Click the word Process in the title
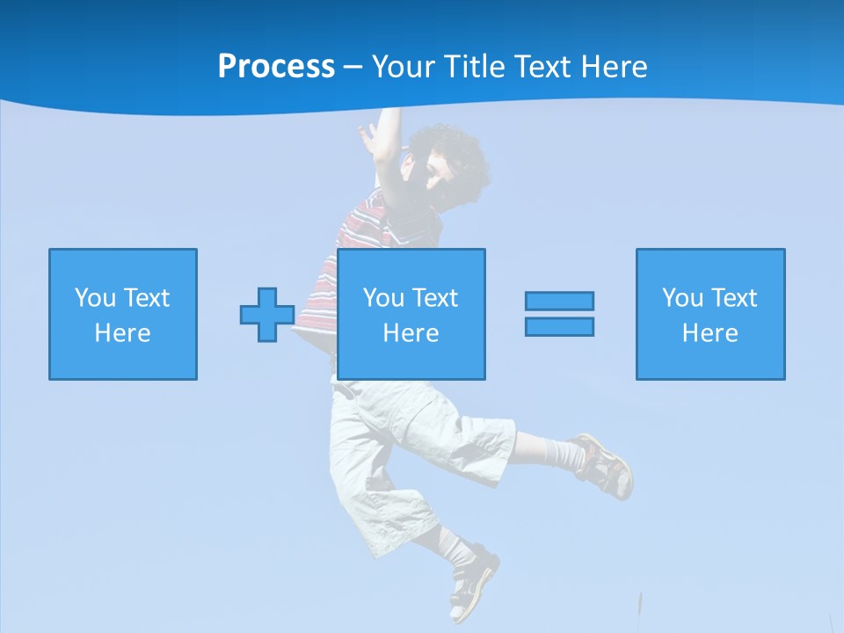coord(276,67)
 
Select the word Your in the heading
coord(404,67)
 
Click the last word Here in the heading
coord(615,67)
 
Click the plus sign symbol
coord(267,315)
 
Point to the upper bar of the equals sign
coord(559,301)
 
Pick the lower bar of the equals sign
coord(559,326)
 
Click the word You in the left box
coord(95,298)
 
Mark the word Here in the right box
coord(710,333)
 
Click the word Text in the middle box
coord(436,298)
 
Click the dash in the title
coord(353,67)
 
